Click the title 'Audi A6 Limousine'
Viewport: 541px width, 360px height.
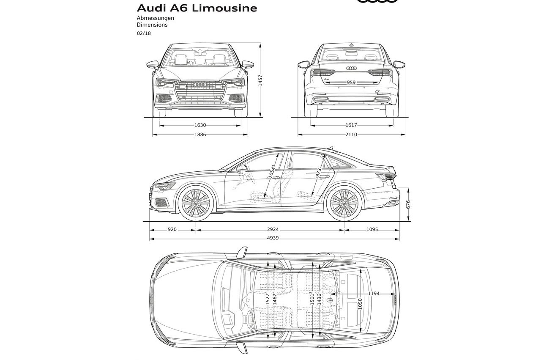[197, 8]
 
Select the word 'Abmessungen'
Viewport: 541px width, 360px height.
[155, 18]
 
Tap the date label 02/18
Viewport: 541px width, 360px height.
[143, 33]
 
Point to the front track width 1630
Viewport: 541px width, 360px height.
[200, 125]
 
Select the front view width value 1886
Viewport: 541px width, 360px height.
[200, 135]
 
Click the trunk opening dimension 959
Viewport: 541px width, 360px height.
[351, 82]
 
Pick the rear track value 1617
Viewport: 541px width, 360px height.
[351, 125]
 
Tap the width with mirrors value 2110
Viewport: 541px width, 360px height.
[351, 135]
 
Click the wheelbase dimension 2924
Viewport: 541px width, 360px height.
[273, 230]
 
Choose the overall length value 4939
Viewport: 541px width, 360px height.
[273, 239]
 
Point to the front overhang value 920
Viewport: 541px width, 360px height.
[172, 230]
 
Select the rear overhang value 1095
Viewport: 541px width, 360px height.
[372, 230]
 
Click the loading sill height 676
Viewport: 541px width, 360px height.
[408, 205]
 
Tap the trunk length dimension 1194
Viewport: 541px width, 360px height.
[374, 293]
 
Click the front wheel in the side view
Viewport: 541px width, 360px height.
[195, 203]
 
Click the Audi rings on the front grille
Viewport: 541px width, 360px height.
[200, 85]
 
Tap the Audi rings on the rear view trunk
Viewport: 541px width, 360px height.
[351, 68]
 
